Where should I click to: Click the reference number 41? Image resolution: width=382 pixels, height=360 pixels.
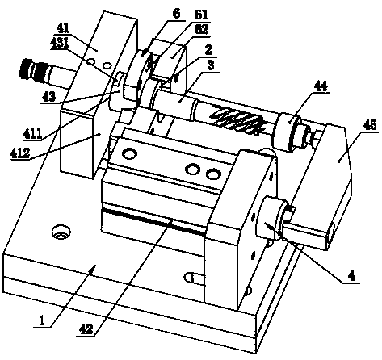click(63, 28)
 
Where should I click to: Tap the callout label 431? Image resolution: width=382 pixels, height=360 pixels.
click(60, 43)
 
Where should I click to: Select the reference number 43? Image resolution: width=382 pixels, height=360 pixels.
click(48, 97)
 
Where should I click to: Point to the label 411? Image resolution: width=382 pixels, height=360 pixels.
click(32, 133)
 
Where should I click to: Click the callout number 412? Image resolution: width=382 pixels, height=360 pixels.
click(20, 153)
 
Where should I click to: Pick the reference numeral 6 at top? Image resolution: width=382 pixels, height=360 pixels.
click(176, 14)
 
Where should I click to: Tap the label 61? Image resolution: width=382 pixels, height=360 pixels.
click(201, 15)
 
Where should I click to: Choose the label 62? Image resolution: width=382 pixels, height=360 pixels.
click(201, 30)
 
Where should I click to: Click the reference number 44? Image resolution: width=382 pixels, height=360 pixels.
click(321, 86)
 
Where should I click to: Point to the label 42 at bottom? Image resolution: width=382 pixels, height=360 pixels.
click(85, 329)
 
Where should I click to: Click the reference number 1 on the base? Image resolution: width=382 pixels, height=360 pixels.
click(42, 320)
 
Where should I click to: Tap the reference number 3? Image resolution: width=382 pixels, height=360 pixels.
click(211, 65)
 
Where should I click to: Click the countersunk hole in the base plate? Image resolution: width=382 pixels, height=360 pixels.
click(61, 232)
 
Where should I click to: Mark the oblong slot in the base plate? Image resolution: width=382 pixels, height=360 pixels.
click(195, 278)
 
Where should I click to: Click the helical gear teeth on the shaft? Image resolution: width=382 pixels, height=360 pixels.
click(236, 120)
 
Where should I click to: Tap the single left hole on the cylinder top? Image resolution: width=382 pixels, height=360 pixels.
click(129, 154)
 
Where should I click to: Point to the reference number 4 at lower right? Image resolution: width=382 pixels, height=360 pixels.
click(351, 276)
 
